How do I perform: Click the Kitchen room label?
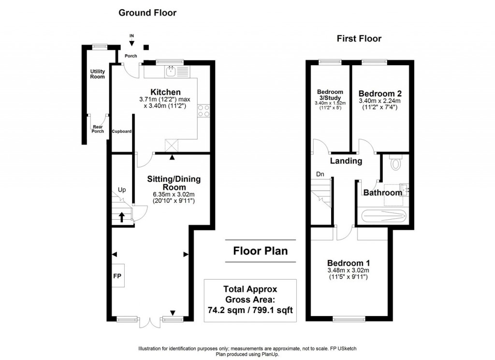click(x=165, y=92)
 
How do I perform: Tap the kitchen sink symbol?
click(x=170, y=72)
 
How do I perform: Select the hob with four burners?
click(x=203, y=111)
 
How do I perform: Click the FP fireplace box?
click(x=117, y=276)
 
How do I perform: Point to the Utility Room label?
click(x=97, y=74)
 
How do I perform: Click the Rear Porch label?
click(x=98, y=129)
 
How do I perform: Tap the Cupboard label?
click(x=122, y=131)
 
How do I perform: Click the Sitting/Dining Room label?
click(x=174, y=183)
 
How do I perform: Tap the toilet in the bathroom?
click(x=395, y=163)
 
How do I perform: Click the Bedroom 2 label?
click(x=380, y=93)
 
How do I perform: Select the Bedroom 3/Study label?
click(x=330, y=95)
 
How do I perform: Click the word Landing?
click(x=346, y=161)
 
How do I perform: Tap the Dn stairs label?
click(x=320, y=174)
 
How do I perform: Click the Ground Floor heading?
click(x=147, y=13)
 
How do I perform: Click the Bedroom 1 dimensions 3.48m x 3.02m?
click(x=348, y=270)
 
